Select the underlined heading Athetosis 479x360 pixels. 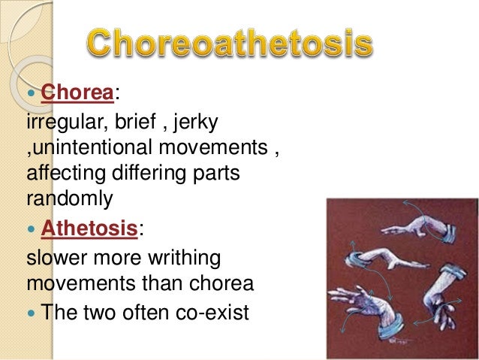[x=89, y=228]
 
